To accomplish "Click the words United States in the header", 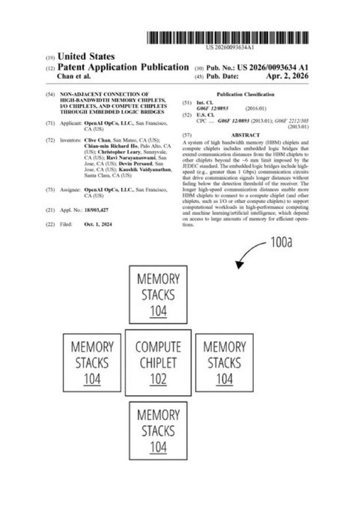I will pos(86,56).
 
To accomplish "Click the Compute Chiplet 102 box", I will pos(158,363).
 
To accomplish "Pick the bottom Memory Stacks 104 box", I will pos(158,430).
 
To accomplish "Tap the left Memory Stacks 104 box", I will pos(92,363).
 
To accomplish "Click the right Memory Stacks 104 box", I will pos(224,363).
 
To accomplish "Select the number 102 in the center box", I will pos(158,379).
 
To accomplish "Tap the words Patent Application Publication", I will pos(124,67).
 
